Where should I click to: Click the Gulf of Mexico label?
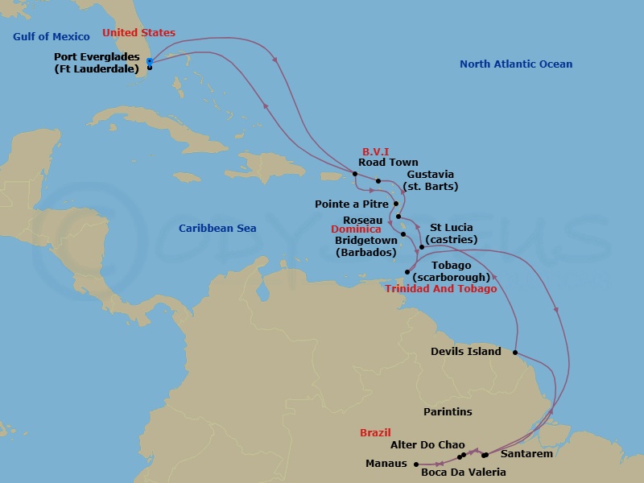(52, 37)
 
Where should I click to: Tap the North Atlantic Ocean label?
(516, 64)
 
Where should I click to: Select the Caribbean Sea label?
(217, 229)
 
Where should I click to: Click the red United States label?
(138, 33)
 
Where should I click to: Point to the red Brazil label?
(375, 433)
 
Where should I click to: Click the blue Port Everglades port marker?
(150, 61)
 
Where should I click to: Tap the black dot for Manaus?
(416, 464)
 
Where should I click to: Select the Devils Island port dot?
(514, 352)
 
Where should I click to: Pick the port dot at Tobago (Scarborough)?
(407, 272)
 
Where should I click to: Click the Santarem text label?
(526, 454)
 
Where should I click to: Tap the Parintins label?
(448, 412)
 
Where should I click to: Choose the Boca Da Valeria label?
(464, 473)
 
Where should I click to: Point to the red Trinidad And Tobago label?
(440, 289)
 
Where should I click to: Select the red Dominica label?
(355, 229)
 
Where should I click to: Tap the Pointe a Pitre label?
(352, 204)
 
